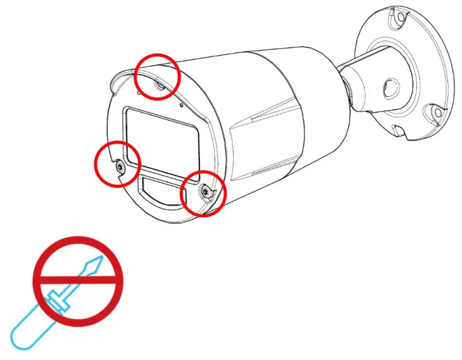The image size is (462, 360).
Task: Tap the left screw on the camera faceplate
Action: tap(120, 165)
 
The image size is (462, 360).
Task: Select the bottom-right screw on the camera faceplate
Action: tap(204, 192)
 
